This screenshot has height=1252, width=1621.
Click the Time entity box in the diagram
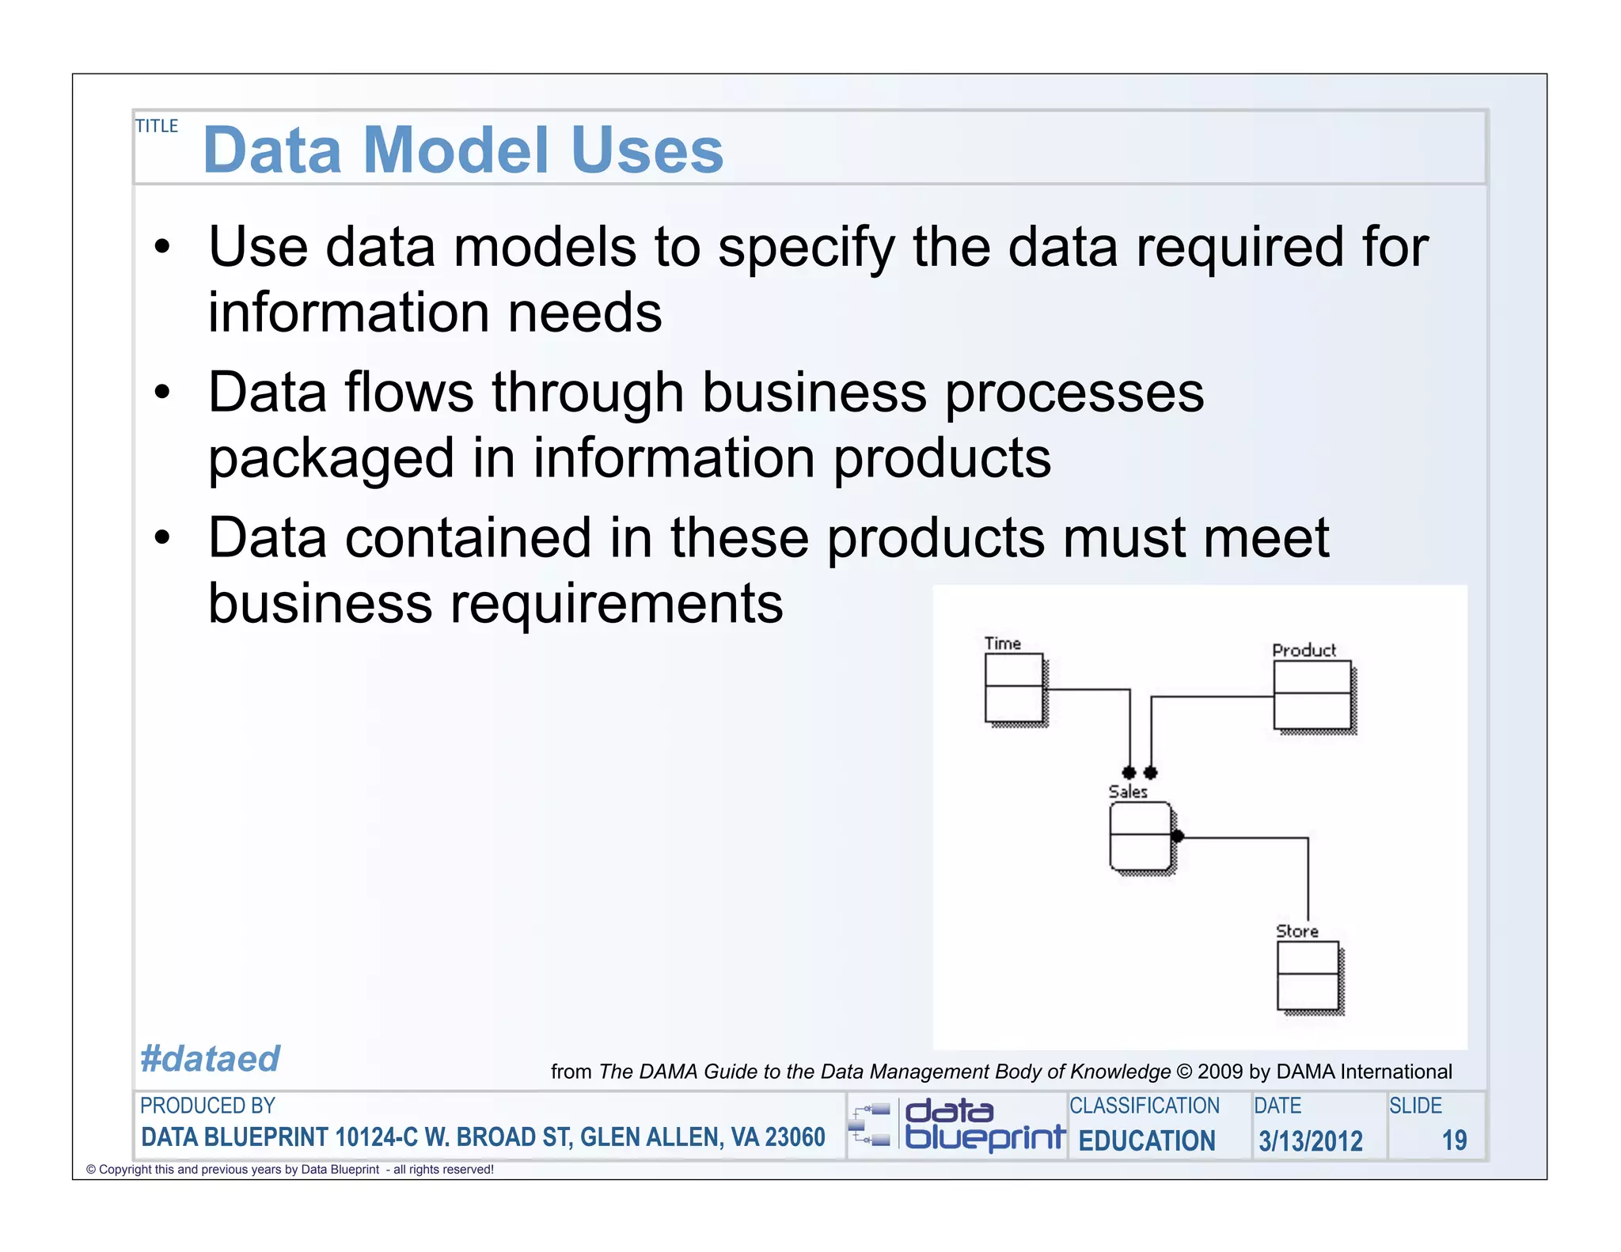(x=1014, y=687)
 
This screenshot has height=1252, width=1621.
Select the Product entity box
(x=1312, y=694)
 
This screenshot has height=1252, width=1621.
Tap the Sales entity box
(x=1140, y=836)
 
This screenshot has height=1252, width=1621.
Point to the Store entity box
(x=1308, y=975)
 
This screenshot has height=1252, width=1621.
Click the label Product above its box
(x=1304, y=650)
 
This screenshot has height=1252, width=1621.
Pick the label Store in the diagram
(x=1296, y=931)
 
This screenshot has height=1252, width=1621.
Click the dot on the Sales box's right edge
(x=1177, y=836)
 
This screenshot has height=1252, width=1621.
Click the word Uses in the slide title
(x=647, y=150)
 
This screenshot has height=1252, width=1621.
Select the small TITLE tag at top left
(x=157, y=126)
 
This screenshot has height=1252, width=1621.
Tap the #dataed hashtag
(x=210, y=1058)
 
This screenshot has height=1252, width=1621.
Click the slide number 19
(x=1454, y=1140)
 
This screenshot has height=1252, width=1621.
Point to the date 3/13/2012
(x=1310, y=1140)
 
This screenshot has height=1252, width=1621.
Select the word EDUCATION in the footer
(x=1146, y=1140)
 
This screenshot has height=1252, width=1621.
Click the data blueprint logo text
(x=984, y=1124)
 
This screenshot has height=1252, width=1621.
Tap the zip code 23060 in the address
(x=795, y=1137)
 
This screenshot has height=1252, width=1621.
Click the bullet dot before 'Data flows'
(x=162, y=392)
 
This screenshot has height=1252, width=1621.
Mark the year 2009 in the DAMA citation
(x=1220, y=1072)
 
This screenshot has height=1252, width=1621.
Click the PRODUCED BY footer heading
(x=207, y=1106)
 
